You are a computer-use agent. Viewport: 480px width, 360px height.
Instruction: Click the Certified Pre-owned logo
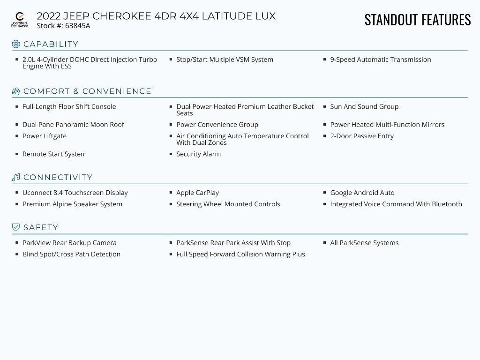[20, 20]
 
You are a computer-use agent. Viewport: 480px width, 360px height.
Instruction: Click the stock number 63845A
[77, 26]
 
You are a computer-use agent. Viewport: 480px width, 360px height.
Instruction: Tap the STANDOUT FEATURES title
[417, 20]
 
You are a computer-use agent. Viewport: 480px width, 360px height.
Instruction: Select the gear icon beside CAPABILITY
[16, 44]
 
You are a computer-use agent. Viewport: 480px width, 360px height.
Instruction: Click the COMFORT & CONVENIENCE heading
[87, 91]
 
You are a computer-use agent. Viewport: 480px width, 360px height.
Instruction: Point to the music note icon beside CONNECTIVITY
[16, 177]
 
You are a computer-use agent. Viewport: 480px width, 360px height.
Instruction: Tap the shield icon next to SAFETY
[16, 227]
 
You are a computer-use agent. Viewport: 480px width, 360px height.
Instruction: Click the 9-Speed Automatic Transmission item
[380, 60]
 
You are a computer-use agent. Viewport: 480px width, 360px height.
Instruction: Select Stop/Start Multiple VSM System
[225, 60]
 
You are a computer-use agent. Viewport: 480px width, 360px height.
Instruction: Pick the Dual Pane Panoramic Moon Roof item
[73, 125]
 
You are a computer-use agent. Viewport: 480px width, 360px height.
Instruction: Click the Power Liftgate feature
[45, 136]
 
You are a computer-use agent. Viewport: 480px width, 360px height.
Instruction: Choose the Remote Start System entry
[54, 154]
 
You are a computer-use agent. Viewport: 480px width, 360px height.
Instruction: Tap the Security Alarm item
[198, 154]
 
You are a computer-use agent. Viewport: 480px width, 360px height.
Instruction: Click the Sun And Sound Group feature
[364, 106]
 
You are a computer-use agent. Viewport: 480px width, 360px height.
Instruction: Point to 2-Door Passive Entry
[362, 136]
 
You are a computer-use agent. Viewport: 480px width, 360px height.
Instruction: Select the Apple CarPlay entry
[197, 193]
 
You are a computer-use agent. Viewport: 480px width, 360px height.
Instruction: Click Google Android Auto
[362, 193]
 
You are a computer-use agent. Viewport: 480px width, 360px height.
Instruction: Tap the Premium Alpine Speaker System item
[72, 204]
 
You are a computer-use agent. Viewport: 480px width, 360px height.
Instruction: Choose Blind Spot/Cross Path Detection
[71, 254]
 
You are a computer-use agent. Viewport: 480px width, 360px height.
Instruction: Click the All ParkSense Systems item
[364, 243]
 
